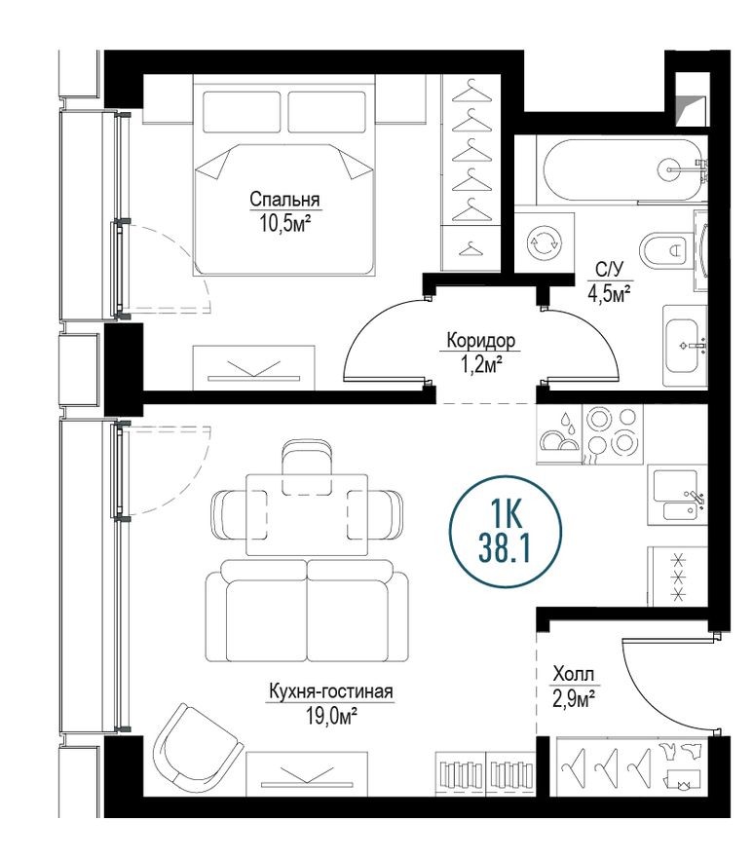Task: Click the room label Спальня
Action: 284,200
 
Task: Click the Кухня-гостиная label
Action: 330,692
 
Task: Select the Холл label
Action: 573,674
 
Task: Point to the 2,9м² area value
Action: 573,696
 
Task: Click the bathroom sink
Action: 685,345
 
